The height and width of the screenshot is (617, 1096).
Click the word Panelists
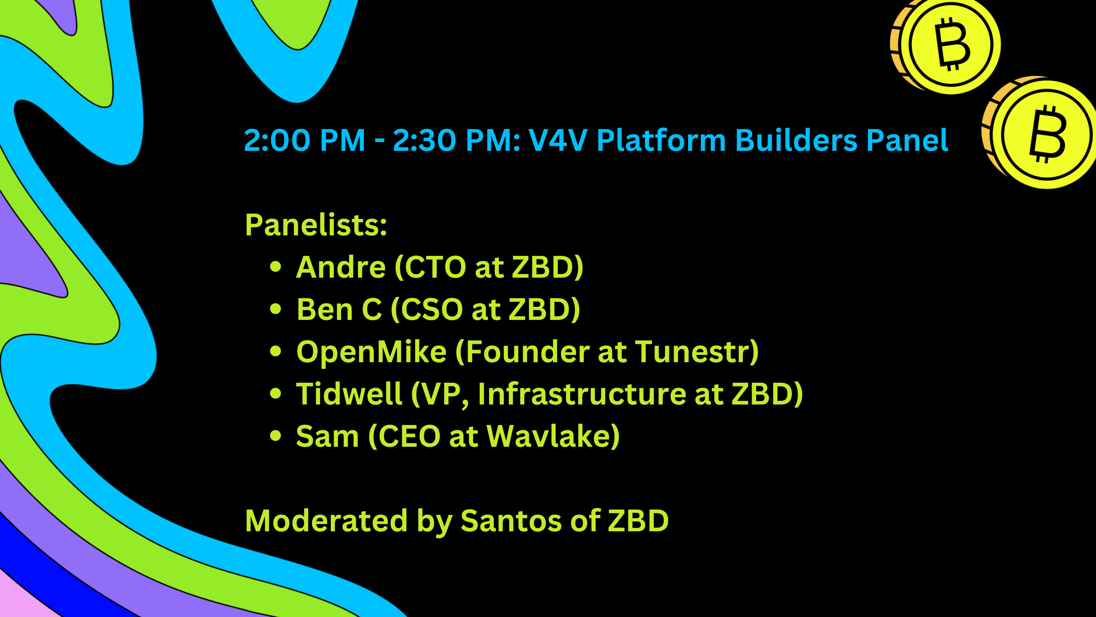pos(316,225)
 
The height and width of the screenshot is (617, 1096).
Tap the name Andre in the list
pos(341,267)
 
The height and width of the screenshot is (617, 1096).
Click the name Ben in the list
pos(325,309)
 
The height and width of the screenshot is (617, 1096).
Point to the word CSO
pos(432,309)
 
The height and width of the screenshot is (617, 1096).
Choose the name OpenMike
pos(371,352)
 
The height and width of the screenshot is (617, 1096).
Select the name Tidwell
pos(349,394)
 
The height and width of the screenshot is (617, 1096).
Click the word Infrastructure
pos(582,394)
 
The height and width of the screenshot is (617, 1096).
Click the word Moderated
pos(327,521)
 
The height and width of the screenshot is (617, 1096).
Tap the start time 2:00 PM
pos(304,140)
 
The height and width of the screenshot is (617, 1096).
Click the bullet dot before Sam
pos(276,436)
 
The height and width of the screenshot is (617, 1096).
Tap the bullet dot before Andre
pos(276,267)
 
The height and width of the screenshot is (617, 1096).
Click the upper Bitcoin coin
pos(945,46)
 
